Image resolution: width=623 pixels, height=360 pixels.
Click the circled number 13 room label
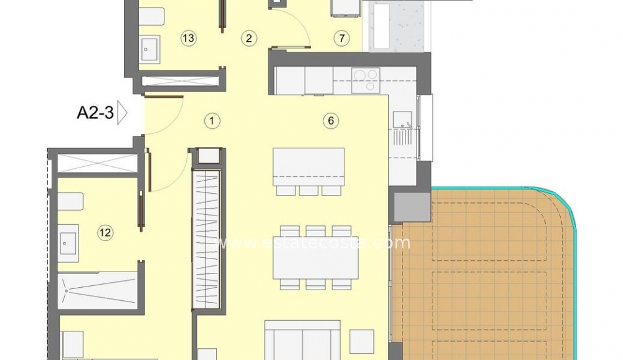click(x=188, y=38)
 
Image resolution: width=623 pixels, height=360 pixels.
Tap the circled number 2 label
click(x=249, y=38)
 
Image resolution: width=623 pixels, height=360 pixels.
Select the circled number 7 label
click(x=341, y=38)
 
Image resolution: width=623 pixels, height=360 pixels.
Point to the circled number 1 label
click(x=212, y=120)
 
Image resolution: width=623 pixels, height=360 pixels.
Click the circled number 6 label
click(x=331, y=120)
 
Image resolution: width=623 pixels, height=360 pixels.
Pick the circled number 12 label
click(x=105, y=232)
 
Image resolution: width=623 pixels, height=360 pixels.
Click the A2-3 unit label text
click(x=95, y=113)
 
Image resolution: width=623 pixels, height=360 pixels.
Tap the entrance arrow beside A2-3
click(x=122, y=113)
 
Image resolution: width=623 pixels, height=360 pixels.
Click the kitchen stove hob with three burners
click(x=366, y=80)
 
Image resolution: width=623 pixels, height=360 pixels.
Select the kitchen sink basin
click(x=402, y=120)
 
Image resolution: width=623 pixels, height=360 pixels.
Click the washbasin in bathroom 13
click(x=150, y=49)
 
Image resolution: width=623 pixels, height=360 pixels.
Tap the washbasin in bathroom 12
click(x=68, y=243)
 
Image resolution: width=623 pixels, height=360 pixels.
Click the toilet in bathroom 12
click(x=70, y=202)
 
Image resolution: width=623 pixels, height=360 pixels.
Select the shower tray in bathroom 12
click(x=98, y=290)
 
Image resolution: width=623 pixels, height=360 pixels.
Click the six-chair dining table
click(x=315, y=257)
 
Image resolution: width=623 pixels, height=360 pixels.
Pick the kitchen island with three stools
click(x=308, y=171)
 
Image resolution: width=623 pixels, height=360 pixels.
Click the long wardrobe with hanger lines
click(x=206, y=239)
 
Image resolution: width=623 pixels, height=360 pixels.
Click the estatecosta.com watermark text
click(x=312, y=242)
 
